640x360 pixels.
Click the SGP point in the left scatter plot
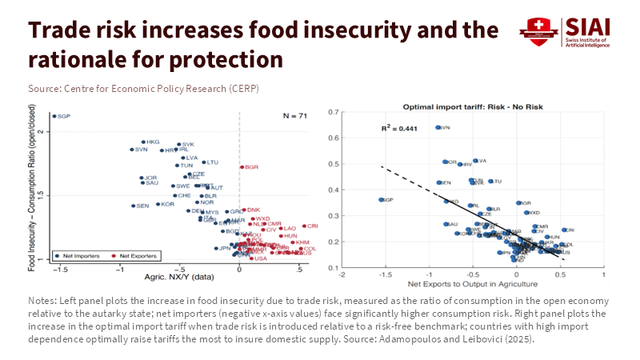[54, 116]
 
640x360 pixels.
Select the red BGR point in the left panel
[242, 167]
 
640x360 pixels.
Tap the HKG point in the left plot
[143, 142]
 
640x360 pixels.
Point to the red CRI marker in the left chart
[304, 226]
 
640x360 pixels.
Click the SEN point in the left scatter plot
[133, 206]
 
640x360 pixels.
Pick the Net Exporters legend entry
[135, 255]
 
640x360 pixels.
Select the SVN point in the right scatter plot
[438, 127]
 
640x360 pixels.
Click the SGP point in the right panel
[381, 199]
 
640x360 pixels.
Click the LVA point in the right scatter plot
[475, 161]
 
